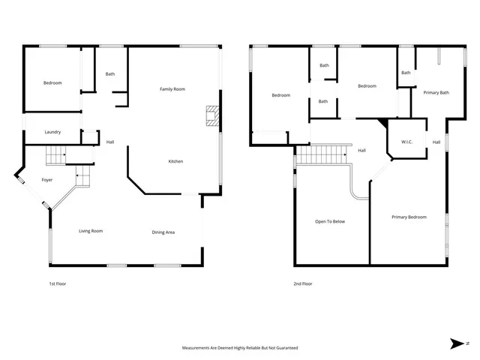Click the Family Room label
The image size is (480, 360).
click(x=172, y=89)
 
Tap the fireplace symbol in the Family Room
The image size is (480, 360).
click(x=212, y=115)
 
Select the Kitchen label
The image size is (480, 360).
click(x=175, y=161)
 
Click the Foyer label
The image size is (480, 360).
click(x=46, y=180)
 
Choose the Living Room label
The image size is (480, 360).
click(x=91, y=231)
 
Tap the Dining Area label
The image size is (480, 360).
click(x=163, y=232)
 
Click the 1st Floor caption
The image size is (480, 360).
click(x=58, y=284)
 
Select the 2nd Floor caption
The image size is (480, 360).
click(x=303, y=284)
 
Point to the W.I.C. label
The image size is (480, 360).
click(x=407, y=142)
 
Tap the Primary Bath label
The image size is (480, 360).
click(x=436, y=92)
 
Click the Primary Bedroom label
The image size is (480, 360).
click(x=409, y=217)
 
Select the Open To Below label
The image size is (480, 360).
click(x=329, y=221)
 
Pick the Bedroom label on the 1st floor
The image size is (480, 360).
click(x=52, y=82)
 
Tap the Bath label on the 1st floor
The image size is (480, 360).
click(x=110, y=73)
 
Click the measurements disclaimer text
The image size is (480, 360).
click(x=240, y=348)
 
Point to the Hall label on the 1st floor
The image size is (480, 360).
click(x=110, y=142)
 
